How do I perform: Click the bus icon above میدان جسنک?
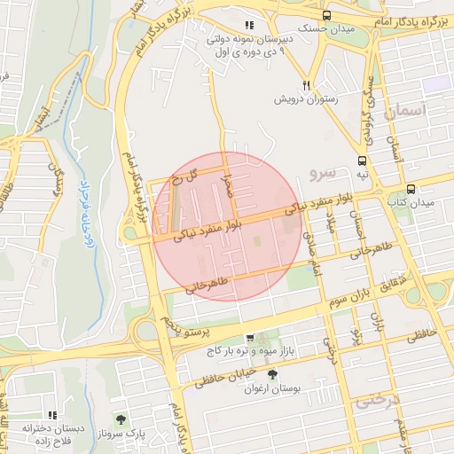[x=327, y=15]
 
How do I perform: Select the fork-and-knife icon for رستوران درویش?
[x=307, y=85]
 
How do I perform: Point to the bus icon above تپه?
[x=362, y=160]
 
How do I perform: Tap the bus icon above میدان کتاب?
[x=411, y=189]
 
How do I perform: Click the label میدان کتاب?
[x=409, y=203]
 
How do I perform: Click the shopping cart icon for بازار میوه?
[x=250, y=338]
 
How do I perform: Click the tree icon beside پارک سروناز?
[x=120, y=419]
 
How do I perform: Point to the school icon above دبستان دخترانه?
[x=53, y=414]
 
